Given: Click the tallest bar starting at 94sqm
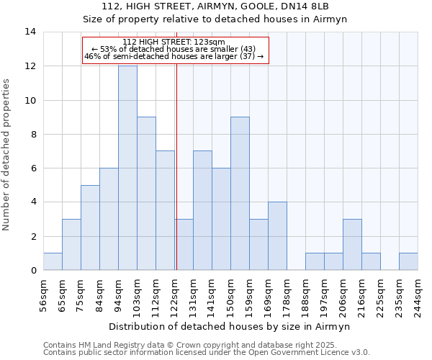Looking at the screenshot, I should coord(127,168).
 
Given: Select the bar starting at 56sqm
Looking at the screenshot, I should coord(53,261).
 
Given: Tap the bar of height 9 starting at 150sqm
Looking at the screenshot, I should coord(240,194).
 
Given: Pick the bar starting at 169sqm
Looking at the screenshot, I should coord(277,236).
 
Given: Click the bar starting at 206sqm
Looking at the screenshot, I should coord(352,245).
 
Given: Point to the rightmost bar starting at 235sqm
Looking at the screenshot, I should coord(408,261).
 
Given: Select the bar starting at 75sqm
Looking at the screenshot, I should coord(90,228).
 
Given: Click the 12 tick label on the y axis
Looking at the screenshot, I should coord(30,66).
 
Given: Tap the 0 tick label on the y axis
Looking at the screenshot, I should coord(33,270).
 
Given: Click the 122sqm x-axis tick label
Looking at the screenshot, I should coord(175,292).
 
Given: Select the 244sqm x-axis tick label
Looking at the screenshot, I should coord(418,292).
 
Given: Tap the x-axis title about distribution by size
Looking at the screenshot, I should coord(230,327).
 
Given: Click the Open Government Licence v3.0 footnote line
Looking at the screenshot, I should coord(207,353).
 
